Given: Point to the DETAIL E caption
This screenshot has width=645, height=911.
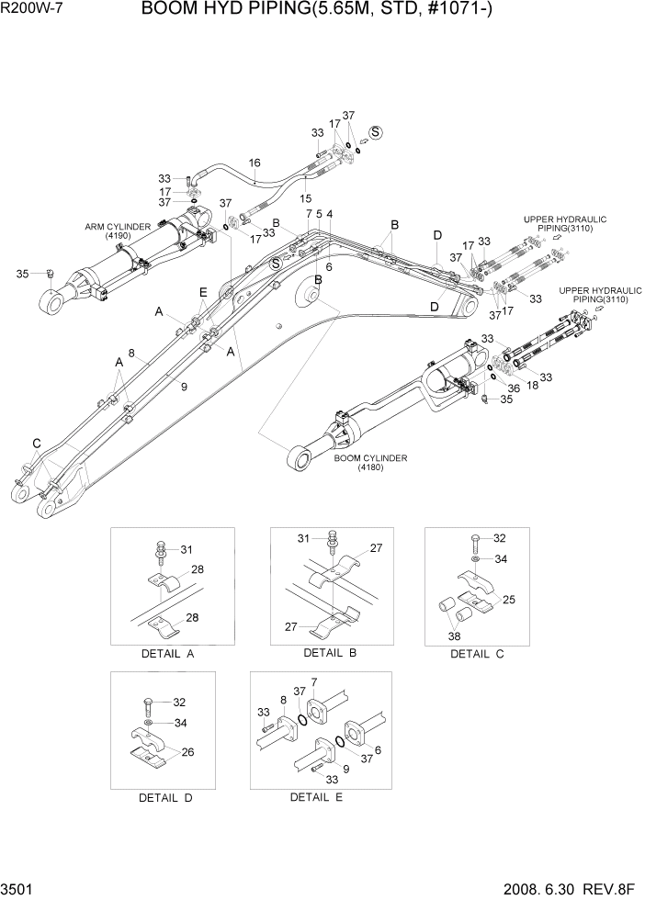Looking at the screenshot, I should [316, 797].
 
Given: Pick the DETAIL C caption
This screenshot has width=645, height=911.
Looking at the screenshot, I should [477, 655].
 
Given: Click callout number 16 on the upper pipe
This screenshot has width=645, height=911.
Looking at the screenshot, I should [255, 163].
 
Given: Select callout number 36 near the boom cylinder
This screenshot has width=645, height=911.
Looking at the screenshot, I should [514, 388].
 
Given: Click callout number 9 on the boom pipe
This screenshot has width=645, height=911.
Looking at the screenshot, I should [184, 388].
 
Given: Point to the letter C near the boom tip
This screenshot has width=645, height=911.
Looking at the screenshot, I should [37, 444].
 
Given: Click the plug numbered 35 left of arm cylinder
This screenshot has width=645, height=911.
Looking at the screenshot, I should [51, 273].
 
